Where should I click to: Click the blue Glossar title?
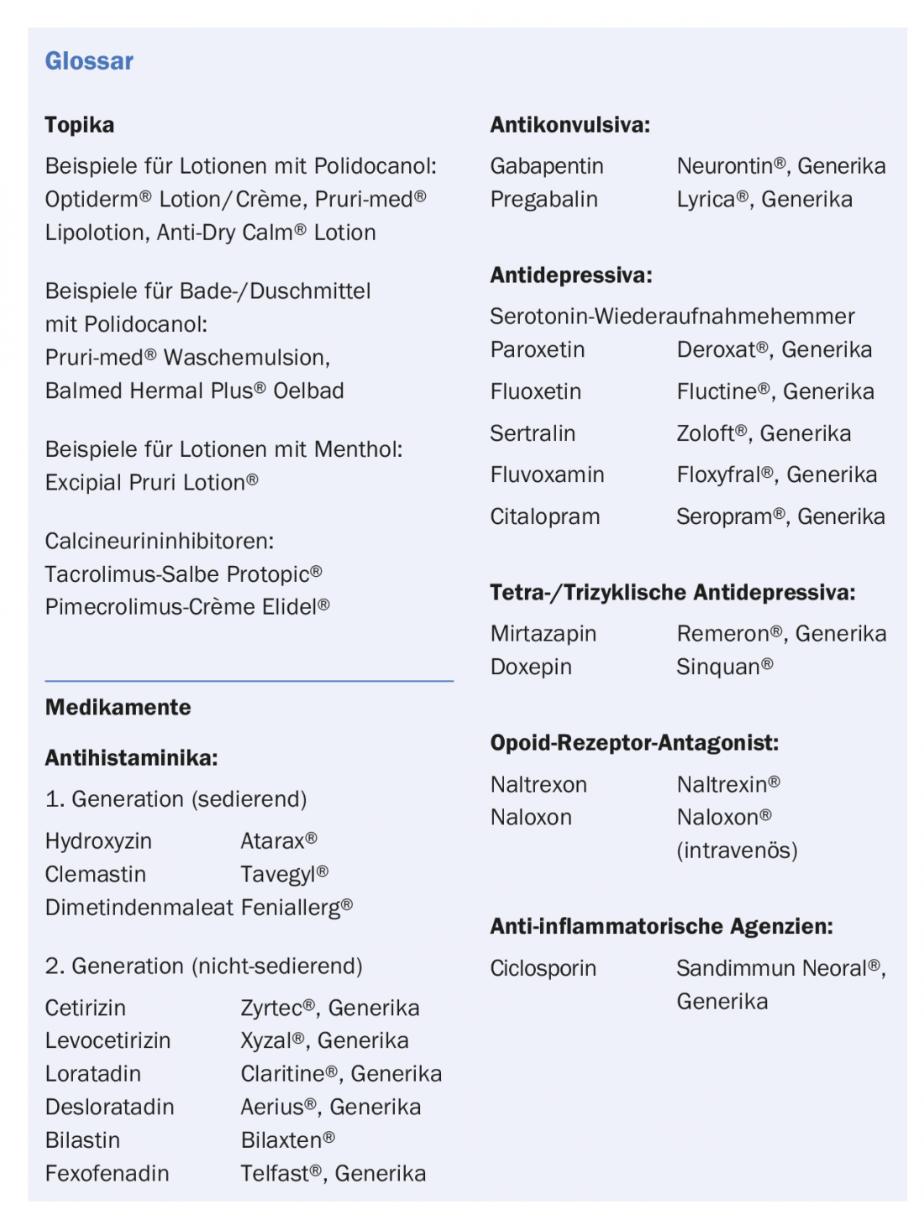point(89,61)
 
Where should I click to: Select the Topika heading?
point(79,125)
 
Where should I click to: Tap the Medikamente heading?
point(118,707)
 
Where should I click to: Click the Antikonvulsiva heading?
point(570,125)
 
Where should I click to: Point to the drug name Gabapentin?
point(546,166)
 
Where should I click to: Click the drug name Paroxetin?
point(537,350)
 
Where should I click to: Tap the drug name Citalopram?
point(544,516)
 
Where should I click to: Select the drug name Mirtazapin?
point(543,634)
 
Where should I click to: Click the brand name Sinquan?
point(718,667)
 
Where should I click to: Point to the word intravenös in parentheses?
point(737,851)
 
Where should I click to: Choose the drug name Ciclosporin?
point(543,968)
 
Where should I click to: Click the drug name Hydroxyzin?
point(98,841)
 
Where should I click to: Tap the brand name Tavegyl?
point(278,874)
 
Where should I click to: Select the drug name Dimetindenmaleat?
point(139,908)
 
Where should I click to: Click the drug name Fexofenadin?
point(107,1173)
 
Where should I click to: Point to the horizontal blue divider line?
point(249,680)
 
